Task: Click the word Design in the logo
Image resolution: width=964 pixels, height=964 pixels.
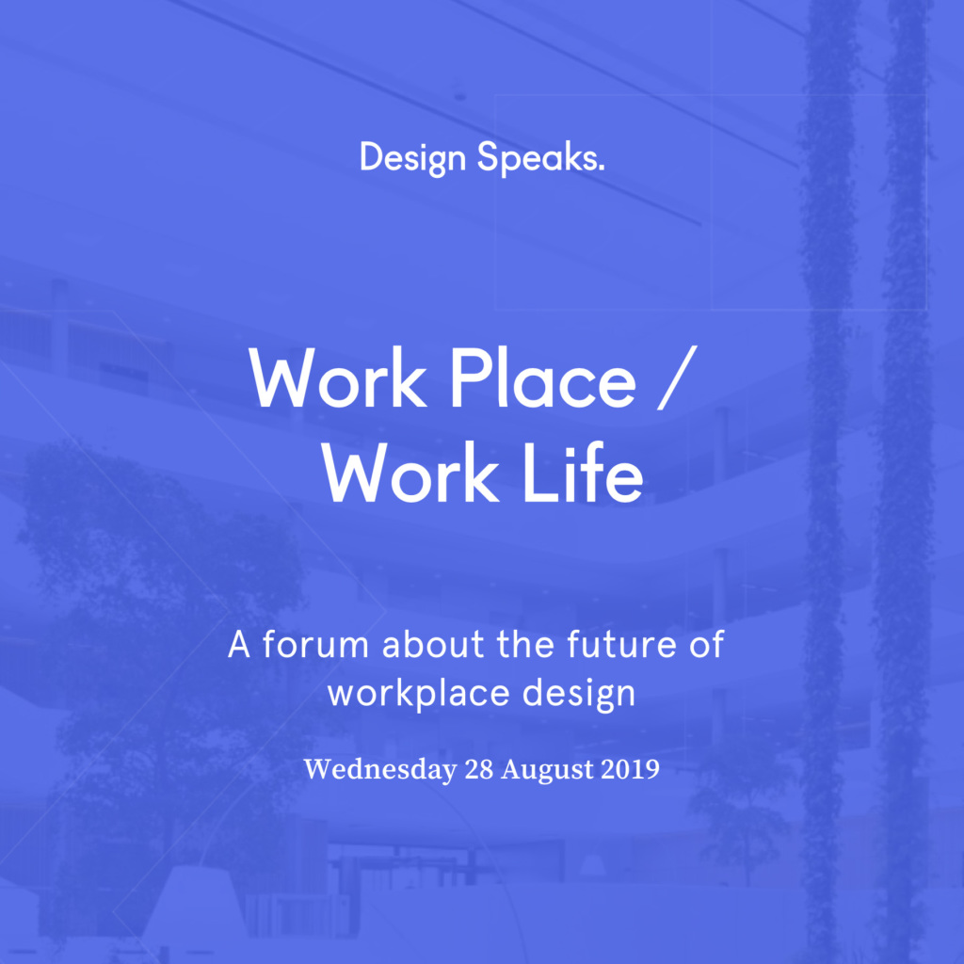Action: tap(412, 158)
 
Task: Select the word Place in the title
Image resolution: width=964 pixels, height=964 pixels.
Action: tap(543, 378)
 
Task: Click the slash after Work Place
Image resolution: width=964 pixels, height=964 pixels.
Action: tap(677, 377)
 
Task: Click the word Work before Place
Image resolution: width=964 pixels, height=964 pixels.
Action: tap(338, 378)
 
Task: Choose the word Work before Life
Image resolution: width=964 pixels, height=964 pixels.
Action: tap(410, 473)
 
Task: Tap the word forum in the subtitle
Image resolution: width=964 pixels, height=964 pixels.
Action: tap(315, 644)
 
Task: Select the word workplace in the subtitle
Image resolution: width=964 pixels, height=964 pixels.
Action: tap(419, 694)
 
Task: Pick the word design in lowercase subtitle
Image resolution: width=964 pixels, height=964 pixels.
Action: tap(579, 694)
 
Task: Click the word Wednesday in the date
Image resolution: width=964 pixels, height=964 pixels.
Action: tap(380, 770)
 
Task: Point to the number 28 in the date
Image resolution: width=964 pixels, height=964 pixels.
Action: tap(479, 770)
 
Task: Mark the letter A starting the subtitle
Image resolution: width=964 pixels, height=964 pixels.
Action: tap(238, 645)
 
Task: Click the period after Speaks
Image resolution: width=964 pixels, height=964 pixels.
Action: tap(601, 168)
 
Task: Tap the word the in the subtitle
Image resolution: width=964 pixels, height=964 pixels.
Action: tap(525, 644)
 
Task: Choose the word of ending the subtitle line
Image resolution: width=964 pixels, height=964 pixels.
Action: tap(706, 644)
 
